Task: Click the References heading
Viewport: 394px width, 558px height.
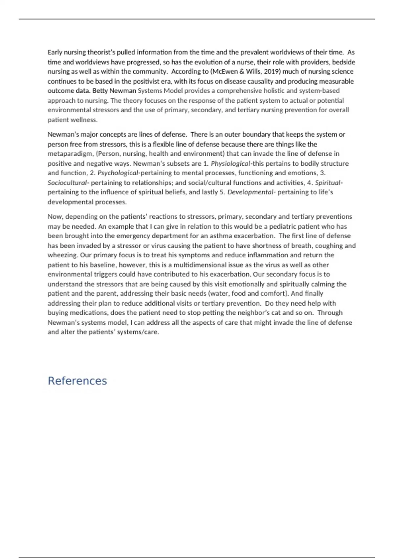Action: coord(77,381)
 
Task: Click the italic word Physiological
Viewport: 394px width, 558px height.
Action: coord(230,163)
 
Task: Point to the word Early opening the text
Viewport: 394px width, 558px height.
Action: coord(55,53)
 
